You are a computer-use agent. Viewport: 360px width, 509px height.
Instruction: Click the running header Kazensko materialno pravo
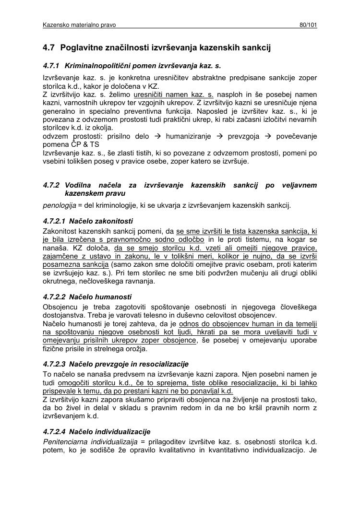(79, 24)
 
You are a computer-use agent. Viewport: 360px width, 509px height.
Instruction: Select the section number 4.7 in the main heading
(48, 47)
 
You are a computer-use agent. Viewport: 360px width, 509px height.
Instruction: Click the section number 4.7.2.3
(54, 364)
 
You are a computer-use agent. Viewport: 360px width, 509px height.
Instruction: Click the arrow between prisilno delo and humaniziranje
(158, 137)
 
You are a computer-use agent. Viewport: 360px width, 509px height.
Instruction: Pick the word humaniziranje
(188, 137)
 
